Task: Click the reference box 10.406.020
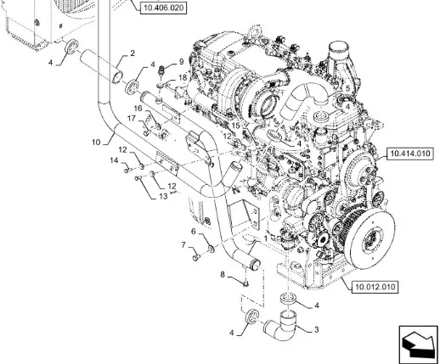click(x=163, y=8)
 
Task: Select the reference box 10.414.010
click(x=409, y=154)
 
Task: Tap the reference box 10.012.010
click(x=375, y=287)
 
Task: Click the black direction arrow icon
click(x=418, y=344)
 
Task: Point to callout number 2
click(x=133, y=53)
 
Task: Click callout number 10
click(x=96, y=142)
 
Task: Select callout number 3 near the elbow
click(x=317, y=329)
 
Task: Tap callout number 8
click(x=223, y=274)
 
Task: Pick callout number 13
click(x=163, y=196)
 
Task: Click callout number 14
click(x=114, y=160)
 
